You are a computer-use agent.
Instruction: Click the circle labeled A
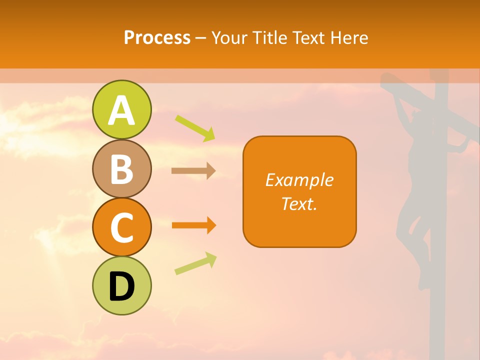(x=121, y=109)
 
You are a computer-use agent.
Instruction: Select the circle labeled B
(x=121, y=168)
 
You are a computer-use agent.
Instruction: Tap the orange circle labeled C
(x=121, y=227)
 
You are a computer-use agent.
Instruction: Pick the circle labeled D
(x=121, y=285)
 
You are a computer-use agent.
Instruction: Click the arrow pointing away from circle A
(x=195, y=128)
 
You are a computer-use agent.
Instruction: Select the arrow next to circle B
(x=193, y=171)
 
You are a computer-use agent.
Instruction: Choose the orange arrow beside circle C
(x=193, y=225)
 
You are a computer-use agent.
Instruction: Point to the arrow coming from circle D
(x=195, y=263)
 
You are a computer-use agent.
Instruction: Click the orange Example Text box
(x=299, y=191)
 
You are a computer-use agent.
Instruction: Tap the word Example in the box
(x=299, y=180)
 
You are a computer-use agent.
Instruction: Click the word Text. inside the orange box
(x=299, y=203)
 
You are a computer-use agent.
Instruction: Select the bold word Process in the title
(x=157, y=37)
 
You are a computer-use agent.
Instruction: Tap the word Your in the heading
(x=230, y=37)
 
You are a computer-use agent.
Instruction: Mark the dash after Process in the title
(x=201, y=38)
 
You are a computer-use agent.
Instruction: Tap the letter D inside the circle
(x=121, y=286)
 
